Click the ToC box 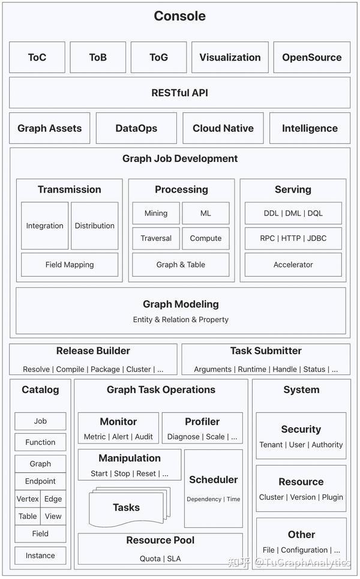37,58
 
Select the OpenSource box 312,58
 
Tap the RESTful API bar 179,93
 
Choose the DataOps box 136,128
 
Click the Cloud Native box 223,128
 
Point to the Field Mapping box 70,265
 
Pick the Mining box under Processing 156,213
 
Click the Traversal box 156,238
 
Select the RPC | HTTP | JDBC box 293,238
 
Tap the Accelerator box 293,265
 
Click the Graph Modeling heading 181,304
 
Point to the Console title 179,16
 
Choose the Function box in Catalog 40,442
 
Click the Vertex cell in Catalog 28,499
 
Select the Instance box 40,556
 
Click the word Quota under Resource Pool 150,559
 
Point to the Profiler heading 202,422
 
